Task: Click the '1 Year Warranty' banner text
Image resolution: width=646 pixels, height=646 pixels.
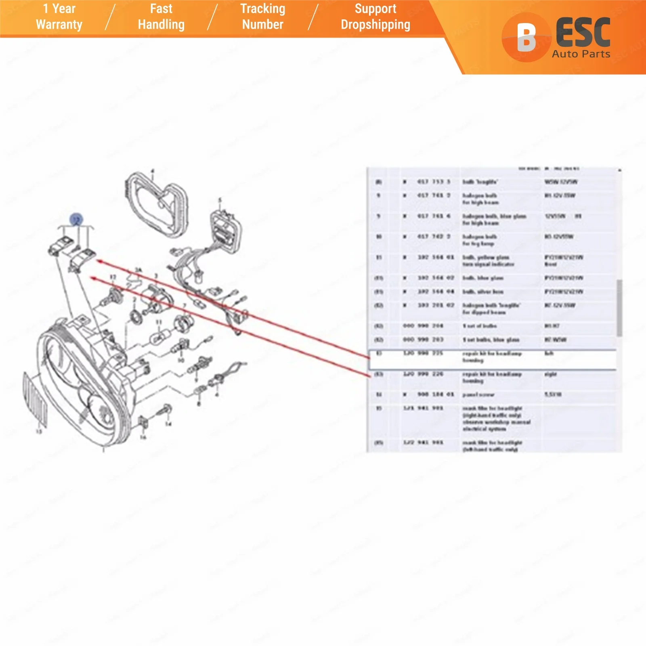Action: tap(59, 17)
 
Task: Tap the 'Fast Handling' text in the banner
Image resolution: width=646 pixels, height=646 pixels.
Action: tap(161, 17)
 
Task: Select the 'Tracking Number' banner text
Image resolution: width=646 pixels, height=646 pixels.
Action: tap(262, 17)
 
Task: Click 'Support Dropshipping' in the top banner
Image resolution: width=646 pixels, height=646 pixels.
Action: tap(375, 17)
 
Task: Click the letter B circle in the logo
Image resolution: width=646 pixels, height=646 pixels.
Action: tap(526, 37)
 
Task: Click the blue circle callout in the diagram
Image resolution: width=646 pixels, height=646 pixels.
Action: tap(76, 220)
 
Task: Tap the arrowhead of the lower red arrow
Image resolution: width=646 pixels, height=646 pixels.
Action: tap(92, 278)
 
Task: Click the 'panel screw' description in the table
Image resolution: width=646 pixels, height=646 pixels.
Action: tap(478, 395)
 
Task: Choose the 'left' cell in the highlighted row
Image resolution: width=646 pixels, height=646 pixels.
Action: tap(549, 354)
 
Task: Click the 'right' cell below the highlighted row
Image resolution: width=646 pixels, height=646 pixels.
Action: tap(550, 374)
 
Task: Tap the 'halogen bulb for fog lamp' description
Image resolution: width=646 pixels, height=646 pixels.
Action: tap(479, 240)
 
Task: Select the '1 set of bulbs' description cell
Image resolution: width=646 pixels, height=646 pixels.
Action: tap(480, 326)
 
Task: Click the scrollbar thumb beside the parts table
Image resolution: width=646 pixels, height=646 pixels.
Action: tap(619, 308)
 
